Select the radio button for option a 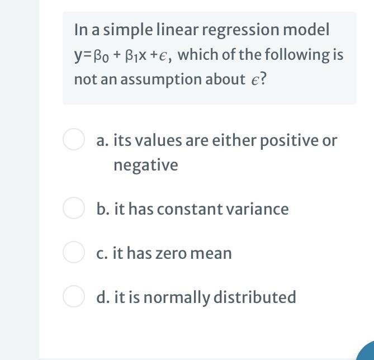coord(73,140)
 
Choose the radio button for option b coord(73,209)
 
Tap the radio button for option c coord(73,253)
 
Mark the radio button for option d coord(73,297)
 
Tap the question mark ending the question coord(263,79)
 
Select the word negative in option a coord(145,165)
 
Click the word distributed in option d coord(254,297)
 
